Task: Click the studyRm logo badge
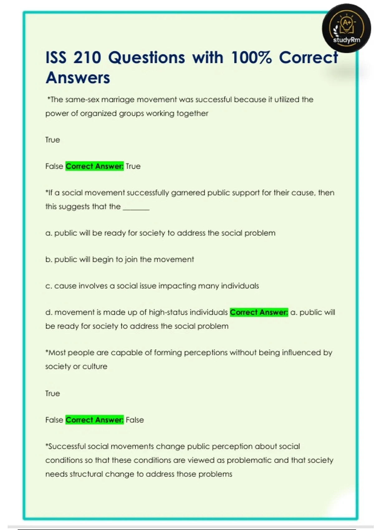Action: [346, 28]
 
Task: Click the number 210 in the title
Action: [87, 58]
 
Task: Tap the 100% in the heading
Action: [251, 58]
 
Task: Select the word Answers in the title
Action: [78, 78]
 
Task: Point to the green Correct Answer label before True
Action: [94, 166]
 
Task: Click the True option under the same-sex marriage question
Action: [52, 140]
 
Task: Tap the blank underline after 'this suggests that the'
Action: [136, 207]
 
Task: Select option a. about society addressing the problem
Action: [160, 233]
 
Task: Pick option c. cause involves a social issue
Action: [152, 286]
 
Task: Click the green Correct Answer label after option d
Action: [259, 312]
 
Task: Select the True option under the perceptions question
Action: [52, 393]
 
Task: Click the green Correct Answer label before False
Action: [94, 420]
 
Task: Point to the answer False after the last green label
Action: [135, 420]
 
